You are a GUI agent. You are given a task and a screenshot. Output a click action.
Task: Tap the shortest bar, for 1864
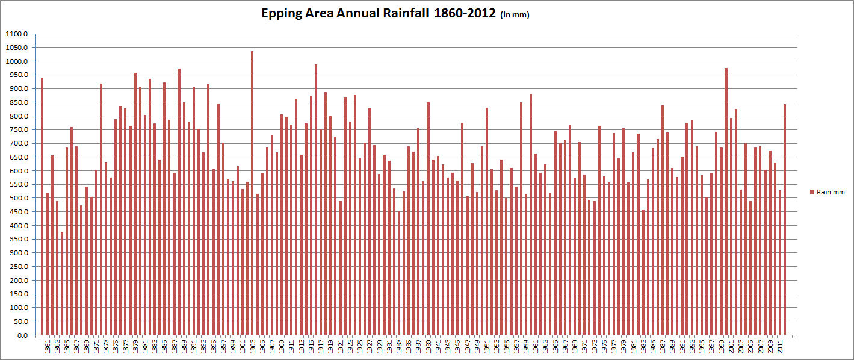coord(61,283)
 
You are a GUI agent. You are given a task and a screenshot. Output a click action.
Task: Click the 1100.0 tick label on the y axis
coord(19,34)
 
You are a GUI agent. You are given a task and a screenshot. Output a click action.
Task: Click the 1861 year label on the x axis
coord(47,347)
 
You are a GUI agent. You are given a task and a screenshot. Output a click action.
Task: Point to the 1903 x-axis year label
coord(252,347)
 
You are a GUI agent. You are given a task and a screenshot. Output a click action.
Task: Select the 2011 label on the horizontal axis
coord(780,347)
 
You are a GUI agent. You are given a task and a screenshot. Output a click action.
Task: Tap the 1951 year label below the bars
coord(487,347)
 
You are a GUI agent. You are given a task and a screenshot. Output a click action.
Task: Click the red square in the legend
coord(812,192)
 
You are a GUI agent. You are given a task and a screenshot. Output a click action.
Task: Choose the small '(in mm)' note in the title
coord(515,15)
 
